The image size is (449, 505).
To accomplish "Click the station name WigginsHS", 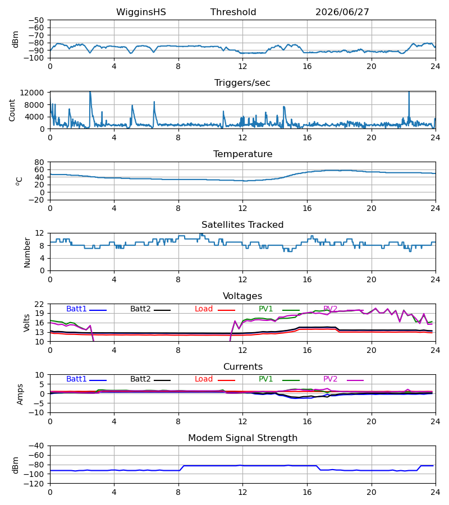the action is [141, 12].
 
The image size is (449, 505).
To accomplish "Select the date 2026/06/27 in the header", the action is [342, 12].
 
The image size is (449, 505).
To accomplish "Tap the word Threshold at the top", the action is [233, 12].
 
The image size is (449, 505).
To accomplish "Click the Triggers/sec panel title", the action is [242, 83].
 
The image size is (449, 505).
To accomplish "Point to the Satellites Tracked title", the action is [242, 225].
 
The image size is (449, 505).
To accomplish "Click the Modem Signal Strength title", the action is [242, 438].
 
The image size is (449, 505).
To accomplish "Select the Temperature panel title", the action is [242, 154].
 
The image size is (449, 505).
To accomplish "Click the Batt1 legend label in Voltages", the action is [76, 309].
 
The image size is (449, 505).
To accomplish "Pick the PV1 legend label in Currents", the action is [265, 379].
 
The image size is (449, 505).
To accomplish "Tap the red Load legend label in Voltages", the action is [204, 309].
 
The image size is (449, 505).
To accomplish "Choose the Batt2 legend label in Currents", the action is [140, 379].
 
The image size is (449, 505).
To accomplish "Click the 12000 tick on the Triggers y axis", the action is [32, 93].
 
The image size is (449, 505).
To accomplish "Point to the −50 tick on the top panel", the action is [36, 20].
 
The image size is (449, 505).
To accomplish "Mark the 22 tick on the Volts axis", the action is [39, 304].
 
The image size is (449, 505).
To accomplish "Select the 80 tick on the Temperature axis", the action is [39, 162].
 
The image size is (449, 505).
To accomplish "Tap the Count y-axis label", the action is [12, 110].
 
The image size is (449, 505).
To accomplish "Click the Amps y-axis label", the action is [20, 394].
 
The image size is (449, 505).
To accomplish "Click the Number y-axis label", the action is [27, 252].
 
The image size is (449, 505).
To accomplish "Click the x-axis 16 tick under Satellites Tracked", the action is [307, 279].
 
